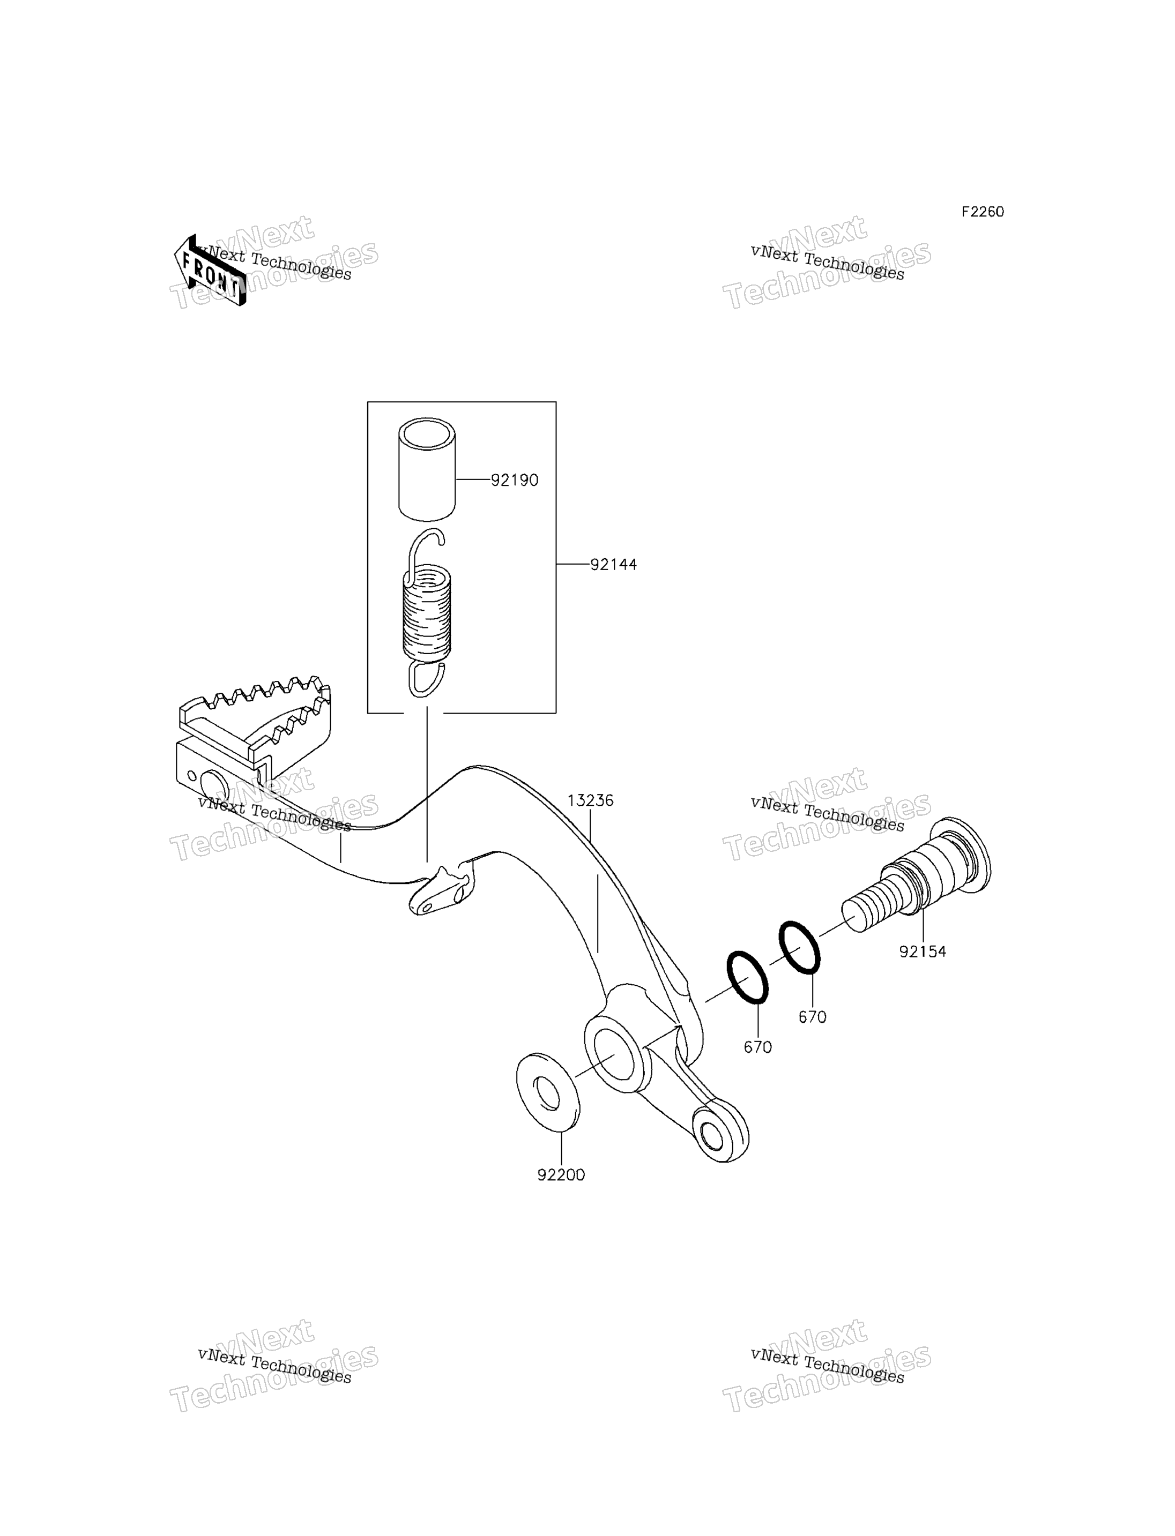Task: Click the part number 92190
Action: click(x=514, y=481)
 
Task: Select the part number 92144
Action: click(x=613, y=564)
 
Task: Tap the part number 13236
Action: click(x=590, y=800)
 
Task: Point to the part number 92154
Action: click(x=923, y=951)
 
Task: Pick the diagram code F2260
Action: click(x=982, y=212)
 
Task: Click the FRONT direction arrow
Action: click(x=210, y=271)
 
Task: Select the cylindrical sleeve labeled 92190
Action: click(x=427, y=469)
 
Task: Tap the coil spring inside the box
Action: click(x=427, y=613)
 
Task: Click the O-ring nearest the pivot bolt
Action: click(x=799, y=947)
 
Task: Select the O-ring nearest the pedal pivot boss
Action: click(x=748, y=977)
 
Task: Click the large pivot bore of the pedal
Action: click(x=615, y=1054)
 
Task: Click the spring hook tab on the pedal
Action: click(x=441, y=889)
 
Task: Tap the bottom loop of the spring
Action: click(x=426, y=679)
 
